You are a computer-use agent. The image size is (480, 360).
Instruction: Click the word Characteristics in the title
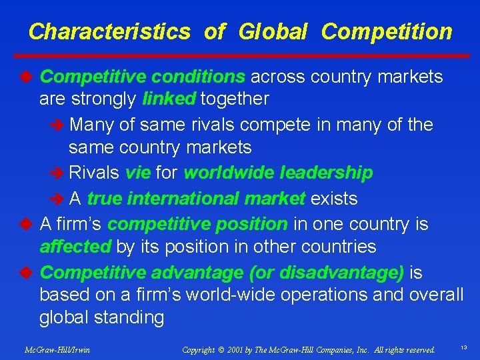(109, 31)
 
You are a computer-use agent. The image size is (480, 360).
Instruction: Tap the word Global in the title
(273, 31)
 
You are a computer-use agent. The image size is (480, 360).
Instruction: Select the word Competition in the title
(387, 31)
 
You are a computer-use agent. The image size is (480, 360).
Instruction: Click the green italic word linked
(169, 99)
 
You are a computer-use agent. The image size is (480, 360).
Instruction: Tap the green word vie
(137, 173)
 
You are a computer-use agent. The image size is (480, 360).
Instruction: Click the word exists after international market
(334, 199)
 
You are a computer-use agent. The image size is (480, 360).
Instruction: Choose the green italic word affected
(75, 247)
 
